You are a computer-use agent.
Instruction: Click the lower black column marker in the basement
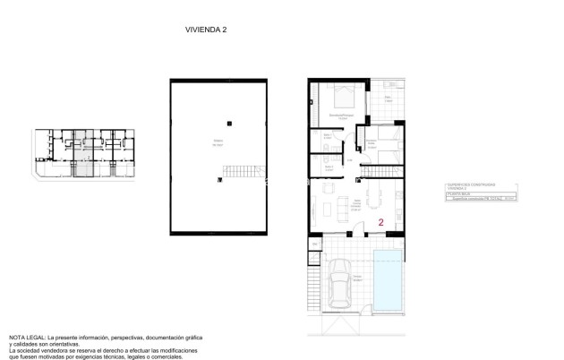[x=219, y=180]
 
